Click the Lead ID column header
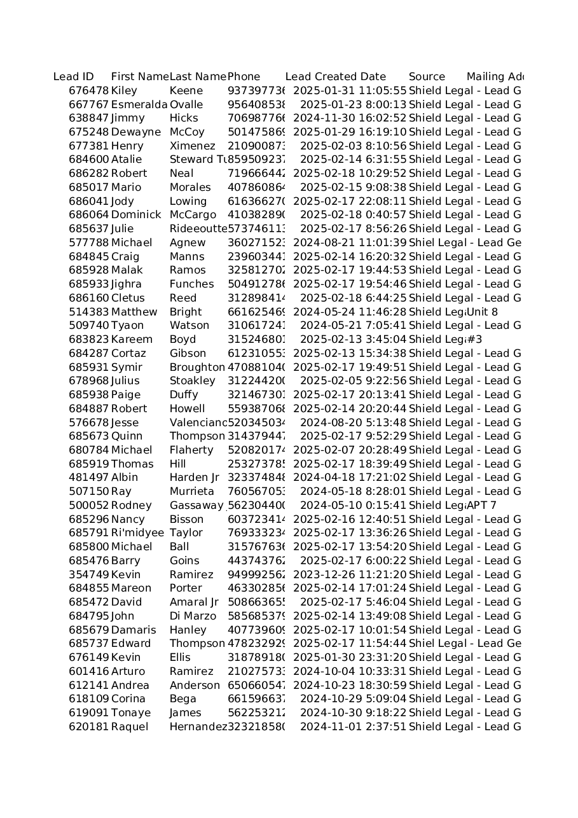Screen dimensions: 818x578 [74, 77]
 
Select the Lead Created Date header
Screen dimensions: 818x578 [335, 77]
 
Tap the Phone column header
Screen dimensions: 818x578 [244, 77]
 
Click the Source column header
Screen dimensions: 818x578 [427, 77]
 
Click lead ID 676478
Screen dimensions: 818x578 [88, 91]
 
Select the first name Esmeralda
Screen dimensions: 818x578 [139, 105]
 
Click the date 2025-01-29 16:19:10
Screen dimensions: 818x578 [349, 132]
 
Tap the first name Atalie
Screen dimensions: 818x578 [127, 160]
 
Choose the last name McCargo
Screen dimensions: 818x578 [193, 215]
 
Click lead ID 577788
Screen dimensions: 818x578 [88, 243]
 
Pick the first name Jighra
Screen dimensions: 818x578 [127, 284]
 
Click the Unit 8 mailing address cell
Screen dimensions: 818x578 [482, 312]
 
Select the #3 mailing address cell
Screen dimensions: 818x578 [474, 340]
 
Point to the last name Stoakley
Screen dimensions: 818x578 [192, 381]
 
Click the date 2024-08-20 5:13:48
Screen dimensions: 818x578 [353, 423]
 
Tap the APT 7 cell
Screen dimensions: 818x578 [481, 506]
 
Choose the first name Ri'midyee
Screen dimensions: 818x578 [137, 533]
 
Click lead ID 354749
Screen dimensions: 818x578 [88, 575]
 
